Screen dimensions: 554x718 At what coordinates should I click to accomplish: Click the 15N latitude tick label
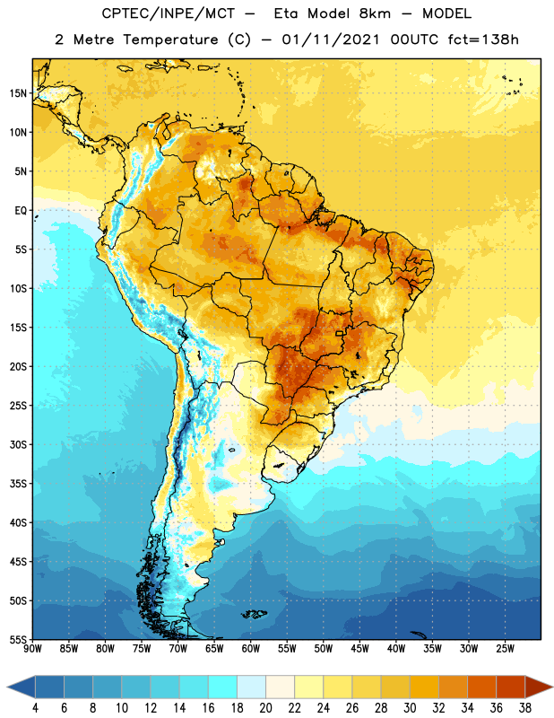18,93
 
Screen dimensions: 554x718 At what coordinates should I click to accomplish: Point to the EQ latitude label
21,211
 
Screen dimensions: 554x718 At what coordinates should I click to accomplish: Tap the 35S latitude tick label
18,484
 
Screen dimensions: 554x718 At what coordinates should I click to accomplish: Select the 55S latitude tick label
18,640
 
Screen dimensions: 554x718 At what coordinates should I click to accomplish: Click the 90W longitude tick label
32,649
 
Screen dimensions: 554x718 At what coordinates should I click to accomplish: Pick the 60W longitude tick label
251,649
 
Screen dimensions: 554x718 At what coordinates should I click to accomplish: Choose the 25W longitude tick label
505,649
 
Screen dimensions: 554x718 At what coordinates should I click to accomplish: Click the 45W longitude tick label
359,649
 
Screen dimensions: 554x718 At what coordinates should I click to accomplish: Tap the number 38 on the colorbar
525,708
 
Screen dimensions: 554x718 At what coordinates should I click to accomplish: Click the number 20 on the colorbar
265,708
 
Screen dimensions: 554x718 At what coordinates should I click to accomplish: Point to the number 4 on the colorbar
35,708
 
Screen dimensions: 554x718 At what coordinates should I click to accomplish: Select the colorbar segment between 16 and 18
223,687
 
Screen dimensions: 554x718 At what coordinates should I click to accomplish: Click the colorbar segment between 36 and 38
511,687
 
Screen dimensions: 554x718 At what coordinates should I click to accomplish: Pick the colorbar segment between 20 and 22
281,687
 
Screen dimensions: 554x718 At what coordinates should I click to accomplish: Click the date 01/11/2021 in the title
331,39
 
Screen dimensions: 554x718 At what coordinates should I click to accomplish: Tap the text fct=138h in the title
483,39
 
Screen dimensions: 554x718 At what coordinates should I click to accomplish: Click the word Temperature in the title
170,40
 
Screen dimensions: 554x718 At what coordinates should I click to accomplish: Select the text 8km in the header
375,13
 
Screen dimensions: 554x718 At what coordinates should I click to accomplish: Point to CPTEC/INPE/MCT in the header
168,13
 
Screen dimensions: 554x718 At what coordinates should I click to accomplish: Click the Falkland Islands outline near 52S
255,614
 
